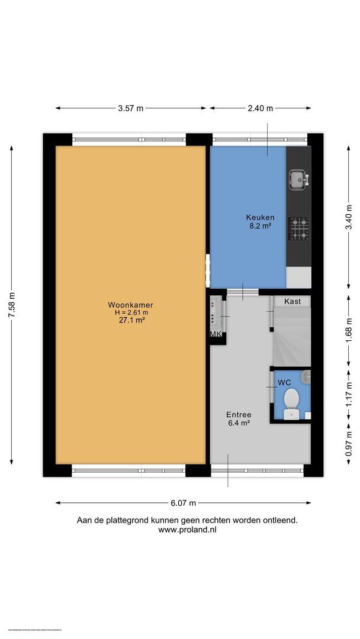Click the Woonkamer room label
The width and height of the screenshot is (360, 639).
(x=131, y=305)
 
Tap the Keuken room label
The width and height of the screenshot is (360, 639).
(x=260, y=217)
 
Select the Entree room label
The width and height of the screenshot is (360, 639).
(x=239, y=415)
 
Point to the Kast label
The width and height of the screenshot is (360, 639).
(x=292, y=302)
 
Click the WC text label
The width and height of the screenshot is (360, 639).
(x=285, y=383)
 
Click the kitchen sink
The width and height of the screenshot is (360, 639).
(x=297, y=177)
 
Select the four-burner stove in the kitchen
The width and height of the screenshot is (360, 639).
(x=298, y=229)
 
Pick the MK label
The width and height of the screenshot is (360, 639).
(x=216, y=335)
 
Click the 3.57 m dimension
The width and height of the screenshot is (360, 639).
(x=130, y=108)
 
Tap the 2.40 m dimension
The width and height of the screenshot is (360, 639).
(x=261, y=108)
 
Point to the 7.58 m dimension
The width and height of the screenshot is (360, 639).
(x=11, y=306)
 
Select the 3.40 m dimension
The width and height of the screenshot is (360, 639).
(x=349, y=217)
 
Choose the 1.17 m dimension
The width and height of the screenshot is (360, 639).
(x=349, y=395)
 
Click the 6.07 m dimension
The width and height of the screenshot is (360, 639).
(x=183, y=503)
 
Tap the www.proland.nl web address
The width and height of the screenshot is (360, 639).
(x=187, y=530)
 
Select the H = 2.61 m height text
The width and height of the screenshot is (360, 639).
(x=131, y=313)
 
